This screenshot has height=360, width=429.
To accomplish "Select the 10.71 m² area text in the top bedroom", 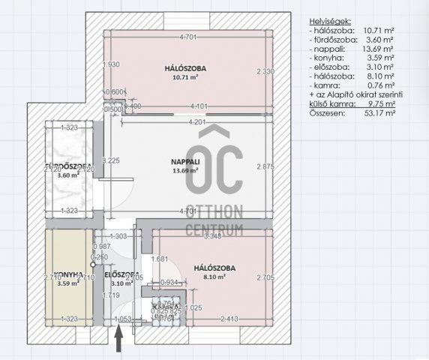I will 185,77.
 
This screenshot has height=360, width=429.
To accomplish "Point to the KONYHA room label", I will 67,274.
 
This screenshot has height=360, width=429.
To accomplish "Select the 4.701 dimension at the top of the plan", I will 189,37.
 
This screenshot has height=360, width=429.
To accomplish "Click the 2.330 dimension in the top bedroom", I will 265,71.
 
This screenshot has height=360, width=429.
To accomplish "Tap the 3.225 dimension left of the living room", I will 110,160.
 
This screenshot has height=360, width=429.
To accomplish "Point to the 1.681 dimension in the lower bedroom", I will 159,259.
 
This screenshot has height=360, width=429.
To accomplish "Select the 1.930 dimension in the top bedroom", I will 111,65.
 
